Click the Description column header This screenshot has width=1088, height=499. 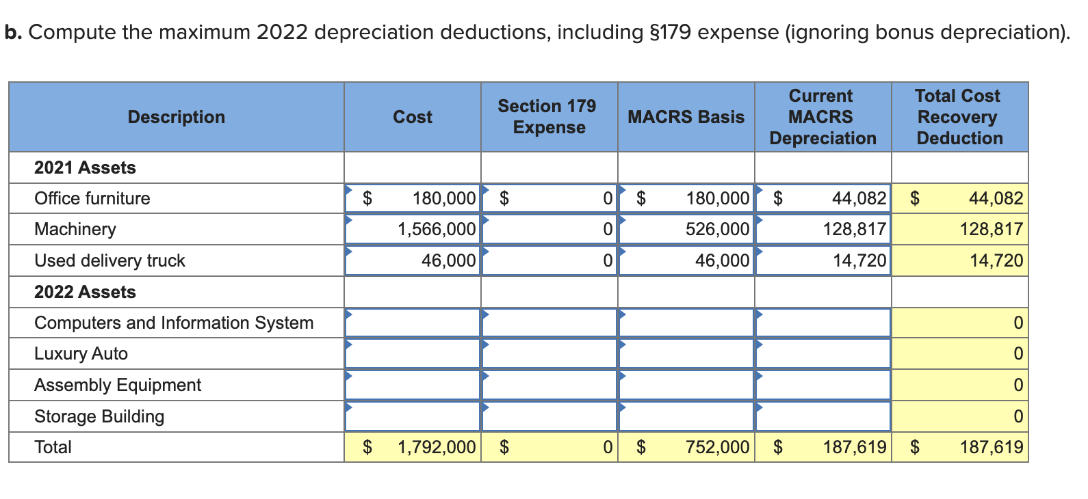pyautogui.click(x=176, y=117)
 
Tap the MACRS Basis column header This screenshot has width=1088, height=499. pyautogui.click(x=686, y=117)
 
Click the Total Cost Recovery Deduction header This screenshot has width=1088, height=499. pyautogui.click(x=959, y=117)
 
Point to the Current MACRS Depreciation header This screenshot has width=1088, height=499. pyautogui.click(x=823, y=117)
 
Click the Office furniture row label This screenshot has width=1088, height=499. pyautogui.click(x=92, y=198)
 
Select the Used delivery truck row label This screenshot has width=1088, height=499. pyautogui.click(x=109, y=260)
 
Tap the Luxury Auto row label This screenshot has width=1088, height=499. pyautogui.click(x=81, y=353)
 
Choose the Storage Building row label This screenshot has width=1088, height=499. pyautogui.click(x=99, y=416)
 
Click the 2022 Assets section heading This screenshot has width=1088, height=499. pyautogui.click(x=85, y=292)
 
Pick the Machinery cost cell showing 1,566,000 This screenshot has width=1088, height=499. pyautogui.click(x=436, y=229)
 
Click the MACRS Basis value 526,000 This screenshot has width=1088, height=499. pyautogui.click(x=717, y=229)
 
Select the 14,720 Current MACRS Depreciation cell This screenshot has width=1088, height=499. pyautogui.click(x=859, y=260)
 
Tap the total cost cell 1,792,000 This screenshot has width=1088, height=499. pyautogui.click(x=436, y=447)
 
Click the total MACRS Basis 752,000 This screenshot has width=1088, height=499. pyautogui.click(x=717, y=447)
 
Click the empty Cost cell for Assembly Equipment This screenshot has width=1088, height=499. pyautogui.click(x=413, y=385)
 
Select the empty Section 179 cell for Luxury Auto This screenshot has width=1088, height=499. pyautogui.click(x=549, y=353)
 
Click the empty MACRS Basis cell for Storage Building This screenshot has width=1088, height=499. pyautogui.click(x=686, y=416)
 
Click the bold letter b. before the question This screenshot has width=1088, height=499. pyautogui.click(x=13, y=32)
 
